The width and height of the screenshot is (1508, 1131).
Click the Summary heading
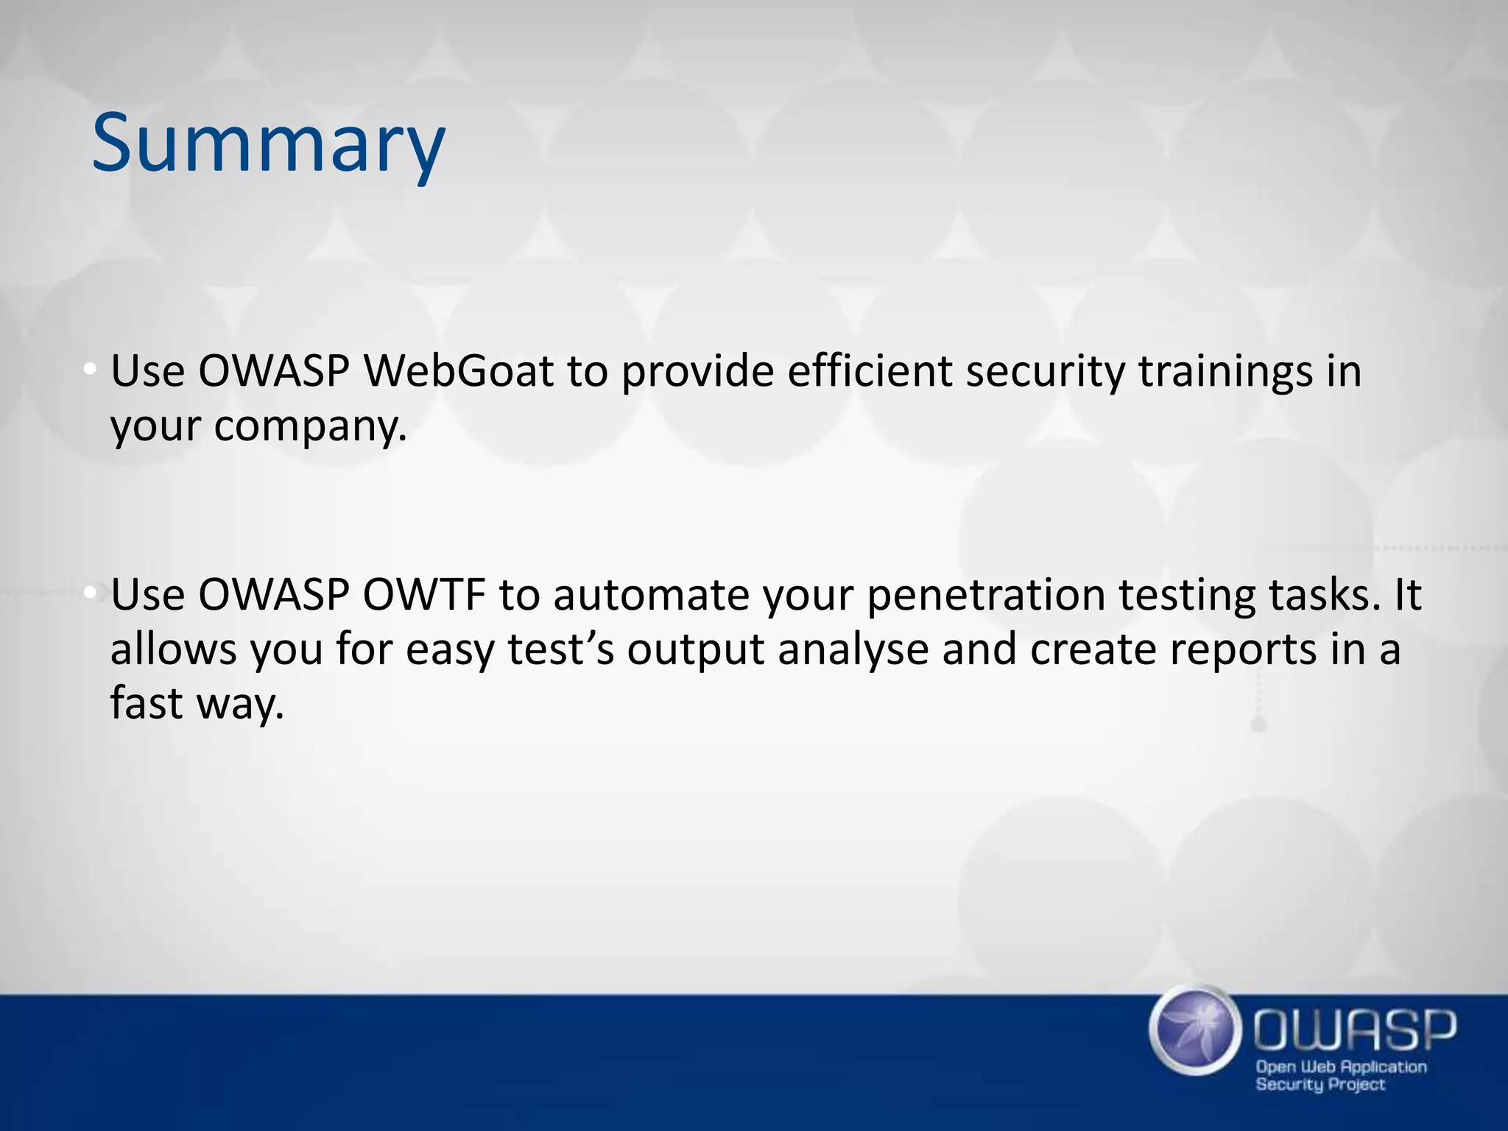(x=268, y=144)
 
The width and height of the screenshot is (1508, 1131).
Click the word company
(x=309, y=427)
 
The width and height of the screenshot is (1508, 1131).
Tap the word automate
(x=651, y=594)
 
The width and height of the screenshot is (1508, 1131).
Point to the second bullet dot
(x=89, y=593)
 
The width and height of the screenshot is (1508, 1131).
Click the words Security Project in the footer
(x=1320, y=1084)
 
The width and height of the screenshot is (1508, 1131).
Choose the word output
(x=695, y=649)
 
